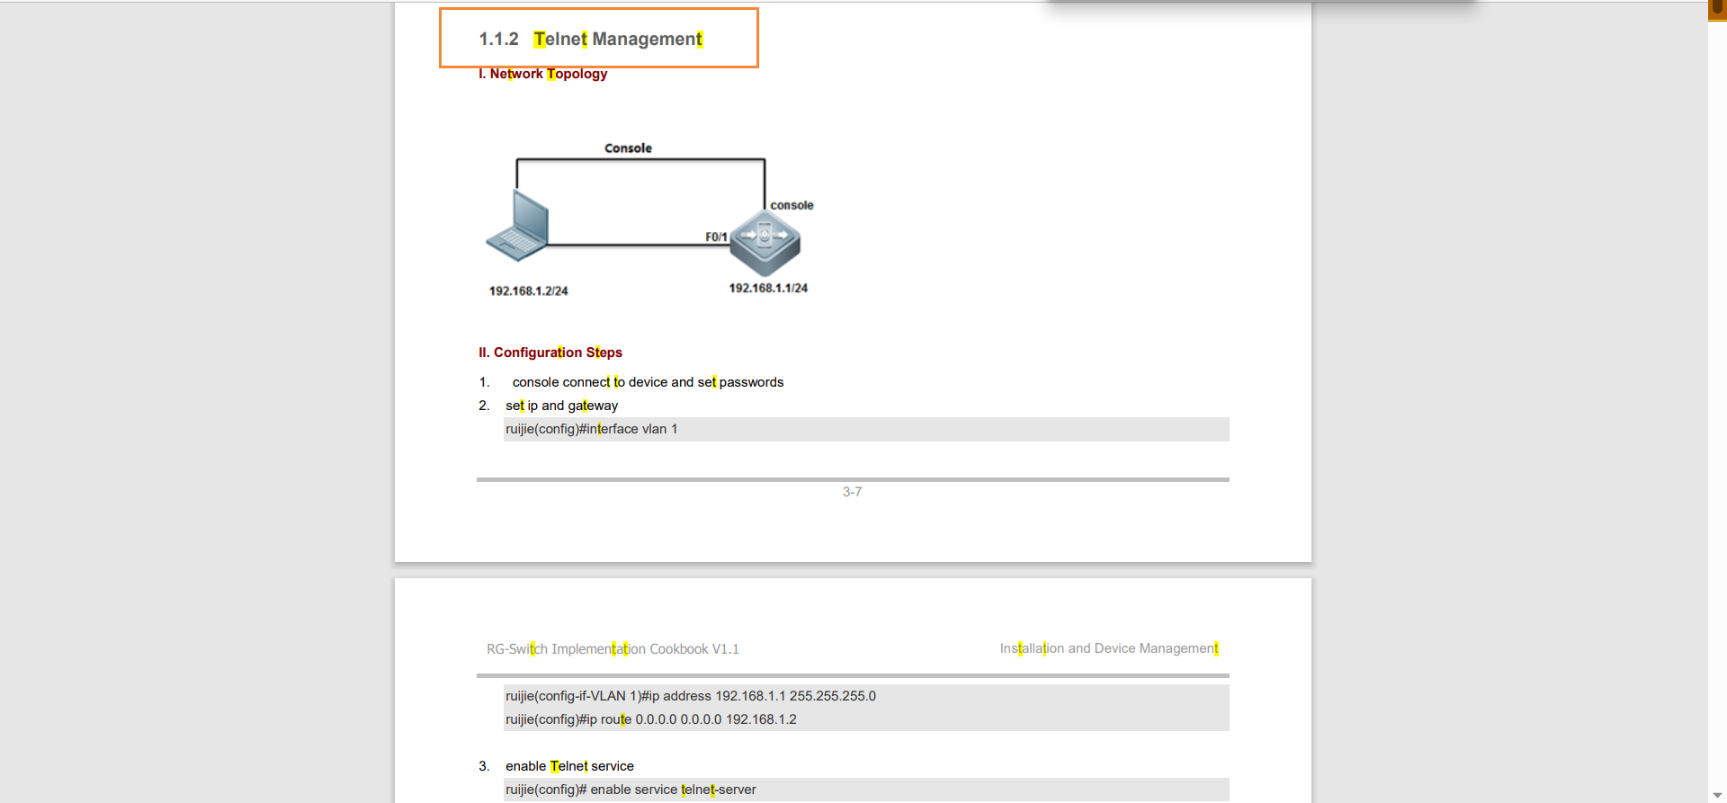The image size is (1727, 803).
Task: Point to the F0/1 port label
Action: (x=716, y=237)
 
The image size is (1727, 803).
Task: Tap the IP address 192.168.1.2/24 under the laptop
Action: (x=528, y=291)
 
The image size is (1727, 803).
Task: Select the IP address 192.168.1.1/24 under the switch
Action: (x=768, y=289)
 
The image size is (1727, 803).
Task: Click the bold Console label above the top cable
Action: (x=628, y=148)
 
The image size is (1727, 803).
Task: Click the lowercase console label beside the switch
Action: (x=792, y=205)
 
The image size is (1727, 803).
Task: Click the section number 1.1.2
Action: (x=498, y=39)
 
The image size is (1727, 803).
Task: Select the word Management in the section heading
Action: (x=647, y=39)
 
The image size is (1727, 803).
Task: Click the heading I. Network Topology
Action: (x=542, y=74)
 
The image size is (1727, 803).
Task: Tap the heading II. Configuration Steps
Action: (x=550, y=352)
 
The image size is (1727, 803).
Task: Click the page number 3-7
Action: (x=852, y=492)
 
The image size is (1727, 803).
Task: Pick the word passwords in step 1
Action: (x=751, y=382)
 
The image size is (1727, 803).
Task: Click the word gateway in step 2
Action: (x=593, y=406)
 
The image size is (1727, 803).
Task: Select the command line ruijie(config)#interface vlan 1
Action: (x=591, y=429)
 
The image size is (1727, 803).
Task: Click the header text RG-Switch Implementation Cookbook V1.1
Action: (x=613, y=649)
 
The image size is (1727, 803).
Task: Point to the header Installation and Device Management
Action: (x=1109, y=648)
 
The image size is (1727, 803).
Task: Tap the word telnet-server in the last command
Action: (x=719, y=790)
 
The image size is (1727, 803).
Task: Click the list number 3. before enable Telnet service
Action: (x=484, y=766)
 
